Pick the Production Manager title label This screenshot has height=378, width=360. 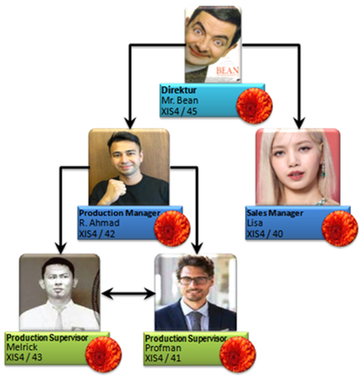click(x=119, y=212)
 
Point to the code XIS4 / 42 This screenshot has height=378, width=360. click(x=96, y=234)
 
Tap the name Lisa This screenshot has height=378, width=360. click(x=256, y=224)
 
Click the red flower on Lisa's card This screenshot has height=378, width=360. click(x=340, y=226)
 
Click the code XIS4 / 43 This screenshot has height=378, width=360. click(x=25, y=357)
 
